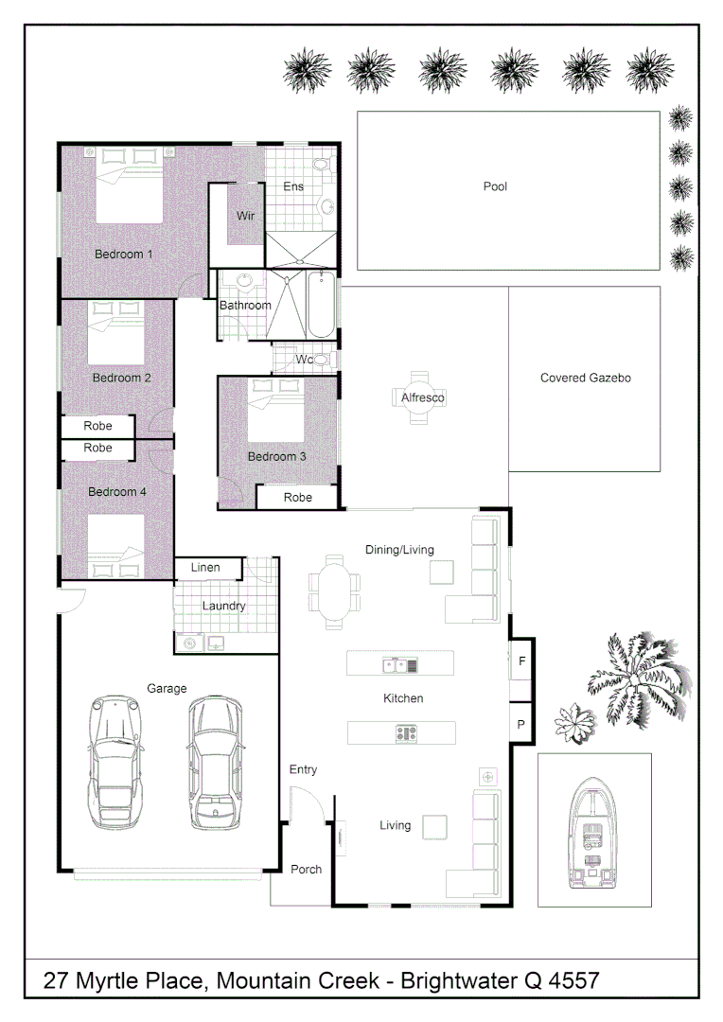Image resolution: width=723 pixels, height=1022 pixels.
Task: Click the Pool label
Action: tap(495, 186)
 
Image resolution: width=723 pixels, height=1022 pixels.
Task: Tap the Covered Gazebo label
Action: tap(585, 378)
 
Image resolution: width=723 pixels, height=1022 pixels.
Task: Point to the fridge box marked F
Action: tap(520, 661)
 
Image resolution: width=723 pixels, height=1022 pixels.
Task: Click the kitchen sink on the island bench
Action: tap(399, 665)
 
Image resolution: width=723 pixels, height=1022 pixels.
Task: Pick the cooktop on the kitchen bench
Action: tap(407, 732)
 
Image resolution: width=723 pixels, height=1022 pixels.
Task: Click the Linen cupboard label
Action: tap(205, 568)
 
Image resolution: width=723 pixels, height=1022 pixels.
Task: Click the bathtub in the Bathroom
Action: tap(321, 303)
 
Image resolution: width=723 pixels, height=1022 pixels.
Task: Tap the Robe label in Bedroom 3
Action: tap(298, 498)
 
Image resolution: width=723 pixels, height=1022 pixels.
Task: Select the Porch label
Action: tap(306, 869)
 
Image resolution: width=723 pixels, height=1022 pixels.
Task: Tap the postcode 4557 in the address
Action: tap(573, 981)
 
